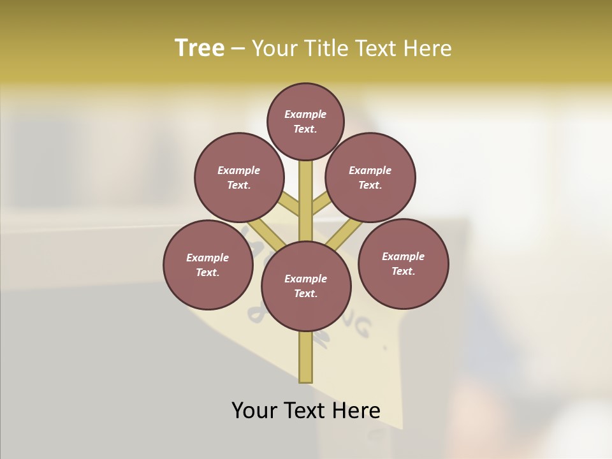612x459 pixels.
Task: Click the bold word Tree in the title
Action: click(x=200, y=48)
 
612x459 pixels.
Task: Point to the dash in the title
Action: click(x=238, y=49)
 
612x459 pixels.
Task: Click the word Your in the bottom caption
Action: click(x=254, y=411)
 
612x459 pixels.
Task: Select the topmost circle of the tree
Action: click(x=305, y=121)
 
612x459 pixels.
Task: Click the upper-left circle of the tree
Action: click(x=239, y=177)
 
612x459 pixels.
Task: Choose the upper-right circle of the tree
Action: click(x=370, y=177)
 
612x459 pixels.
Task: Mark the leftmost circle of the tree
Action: click(x=208, y=265)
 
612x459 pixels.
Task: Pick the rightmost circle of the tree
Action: click(x=403, y=263)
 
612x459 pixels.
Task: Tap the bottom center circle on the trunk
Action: click(x=306, y=286)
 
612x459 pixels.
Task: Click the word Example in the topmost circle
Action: click(x=305, y=114)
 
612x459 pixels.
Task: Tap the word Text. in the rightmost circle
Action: click(x=403, y=271)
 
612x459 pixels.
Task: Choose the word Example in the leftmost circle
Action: click(x=208, y=258)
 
